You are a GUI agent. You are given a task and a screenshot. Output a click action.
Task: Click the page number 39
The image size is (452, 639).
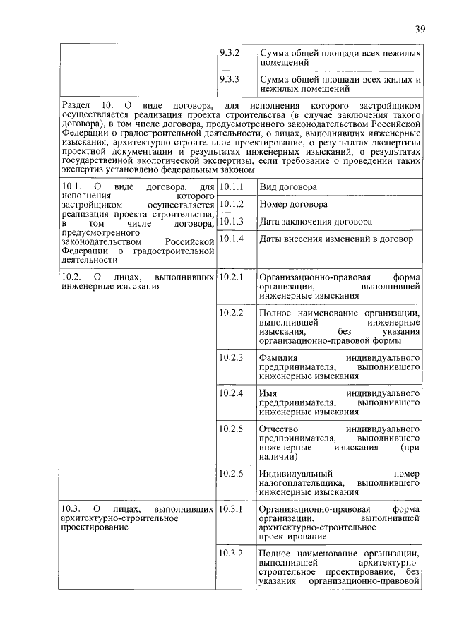click(420, 29)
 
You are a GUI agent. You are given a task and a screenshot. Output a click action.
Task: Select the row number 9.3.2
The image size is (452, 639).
click(230, 52)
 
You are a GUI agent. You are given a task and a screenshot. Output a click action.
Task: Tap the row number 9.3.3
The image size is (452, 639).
click(230, 79)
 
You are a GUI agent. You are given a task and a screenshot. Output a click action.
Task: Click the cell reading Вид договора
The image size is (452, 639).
click(287, 187)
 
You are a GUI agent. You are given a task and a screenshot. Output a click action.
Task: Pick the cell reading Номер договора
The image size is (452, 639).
click(293, 204)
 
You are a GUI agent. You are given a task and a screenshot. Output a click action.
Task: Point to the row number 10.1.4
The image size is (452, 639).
click(232, 239)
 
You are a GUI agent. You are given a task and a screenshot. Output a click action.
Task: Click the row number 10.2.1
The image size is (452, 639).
click(232, 277)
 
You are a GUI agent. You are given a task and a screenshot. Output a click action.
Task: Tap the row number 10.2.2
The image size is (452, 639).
click(232, 311)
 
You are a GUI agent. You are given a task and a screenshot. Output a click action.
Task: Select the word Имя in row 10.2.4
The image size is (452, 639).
click(268, 393)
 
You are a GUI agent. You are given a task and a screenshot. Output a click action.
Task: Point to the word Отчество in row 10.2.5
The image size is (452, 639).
click(278, 428)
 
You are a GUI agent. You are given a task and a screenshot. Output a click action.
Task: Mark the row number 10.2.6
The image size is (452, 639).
click(232, 472)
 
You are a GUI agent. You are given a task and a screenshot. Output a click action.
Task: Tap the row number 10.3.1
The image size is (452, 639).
click(232, 508)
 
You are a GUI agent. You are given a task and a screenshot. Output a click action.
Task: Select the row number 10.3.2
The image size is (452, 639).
click(232, 552)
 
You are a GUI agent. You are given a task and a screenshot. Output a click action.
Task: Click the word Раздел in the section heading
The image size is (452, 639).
click(78, 105)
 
